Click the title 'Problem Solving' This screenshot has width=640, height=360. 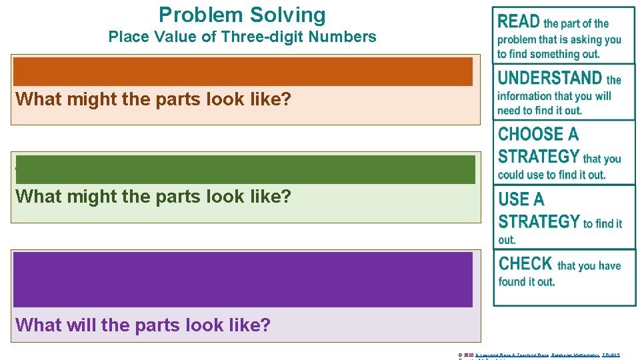pyautogui.click(x=242, y=15)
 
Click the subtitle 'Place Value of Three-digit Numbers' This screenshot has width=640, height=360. pyautogui.click(x=242, y=37)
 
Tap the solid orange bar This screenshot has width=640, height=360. pyautogui.click(x=243, y=71)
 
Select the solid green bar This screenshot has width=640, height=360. pyautogui.click(x=245, y=169)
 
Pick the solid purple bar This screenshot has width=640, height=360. pyautogui.click(x=243, y=279)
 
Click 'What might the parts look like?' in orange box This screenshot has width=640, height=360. pyautogui.click(x=153, y=99)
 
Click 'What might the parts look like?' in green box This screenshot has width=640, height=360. pyautogui.click(x=153, y=197)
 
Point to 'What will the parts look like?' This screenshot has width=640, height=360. pyautogui.click(x=143, y=325)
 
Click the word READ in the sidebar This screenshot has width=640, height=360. pyautogui.click(x=519, y=22)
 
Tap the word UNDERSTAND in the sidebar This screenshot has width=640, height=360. pyautogui.click(x=550, y=78)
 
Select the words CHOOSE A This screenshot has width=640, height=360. pyautogui.click(x=538, y=134)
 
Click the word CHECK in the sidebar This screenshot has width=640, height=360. pyautogui.click(x=525, y=264)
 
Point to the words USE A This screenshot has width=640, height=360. pyautogui.click(x=521, y=199)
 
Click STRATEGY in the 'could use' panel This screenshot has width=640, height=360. pyautogui.click(x=539, y=157)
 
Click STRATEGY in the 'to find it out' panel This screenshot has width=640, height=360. pyautogui.click(x=539, y=221)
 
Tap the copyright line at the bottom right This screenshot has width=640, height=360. pyautogui.click(x=539, y=355)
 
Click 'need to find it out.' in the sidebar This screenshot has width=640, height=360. pyautogui.click(x=539, y=111)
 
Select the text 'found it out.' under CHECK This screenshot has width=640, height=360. pyautogui.click(x=526, y=281)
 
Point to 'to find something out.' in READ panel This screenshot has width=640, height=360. pyautogui.click(x=548, y=54)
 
